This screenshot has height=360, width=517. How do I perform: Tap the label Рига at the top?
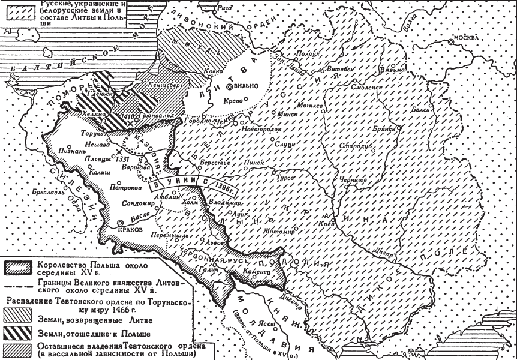pyautogui.click(x=224, y=7)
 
